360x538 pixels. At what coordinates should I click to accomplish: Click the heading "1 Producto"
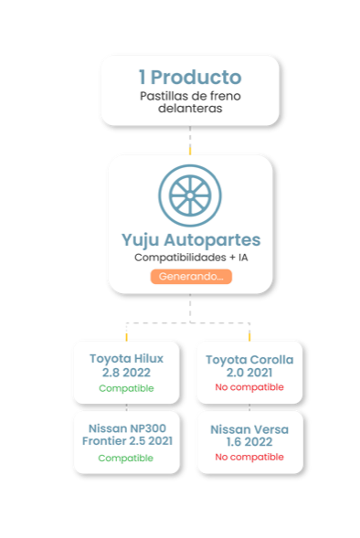[190, 77]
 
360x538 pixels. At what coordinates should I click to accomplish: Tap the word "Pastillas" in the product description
[160, 96]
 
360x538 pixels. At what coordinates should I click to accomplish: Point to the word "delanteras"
[190, 109]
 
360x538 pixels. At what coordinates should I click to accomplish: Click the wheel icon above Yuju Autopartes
[190, 195]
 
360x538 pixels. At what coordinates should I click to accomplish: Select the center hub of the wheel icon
[190, 195]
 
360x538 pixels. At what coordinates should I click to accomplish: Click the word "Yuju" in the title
[140, 240]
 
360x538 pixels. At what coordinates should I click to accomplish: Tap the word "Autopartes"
[212, 240]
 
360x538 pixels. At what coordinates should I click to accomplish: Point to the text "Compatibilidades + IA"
[191, 258]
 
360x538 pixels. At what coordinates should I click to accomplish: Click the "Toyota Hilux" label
[127, 359]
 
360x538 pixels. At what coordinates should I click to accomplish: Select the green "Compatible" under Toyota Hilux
[126, 388]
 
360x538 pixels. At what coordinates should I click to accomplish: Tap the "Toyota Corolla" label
[249, 360]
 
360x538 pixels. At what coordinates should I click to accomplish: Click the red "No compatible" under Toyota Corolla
[249, 387]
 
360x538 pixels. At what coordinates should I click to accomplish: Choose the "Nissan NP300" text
[127, 428]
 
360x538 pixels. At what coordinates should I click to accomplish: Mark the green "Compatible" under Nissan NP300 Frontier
[125, 458]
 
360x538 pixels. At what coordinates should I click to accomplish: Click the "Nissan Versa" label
[249, 429]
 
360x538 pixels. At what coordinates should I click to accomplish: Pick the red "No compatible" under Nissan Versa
[249, 457]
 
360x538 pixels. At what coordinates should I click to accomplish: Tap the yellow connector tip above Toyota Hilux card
[127, 337]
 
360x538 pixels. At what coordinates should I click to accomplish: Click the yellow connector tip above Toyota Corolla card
[249, 337]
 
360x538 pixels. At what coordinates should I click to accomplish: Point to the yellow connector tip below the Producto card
[190, 150]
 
